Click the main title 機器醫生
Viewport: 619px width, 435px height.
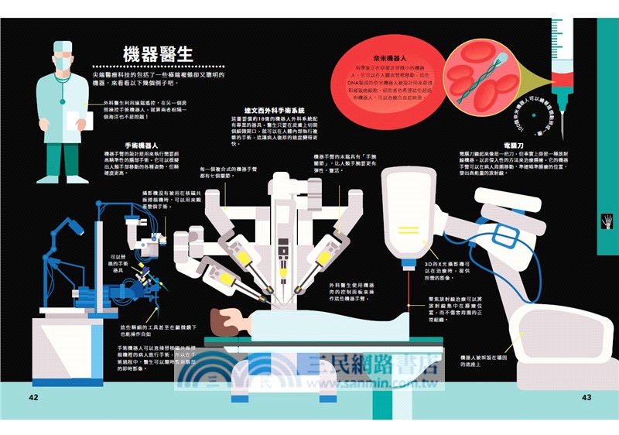click(x=158, y=55)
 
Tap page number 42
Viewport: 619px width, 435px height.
click(x=33, y=397)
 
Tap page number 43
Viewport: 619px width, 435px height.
click(x=586, y=397)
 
